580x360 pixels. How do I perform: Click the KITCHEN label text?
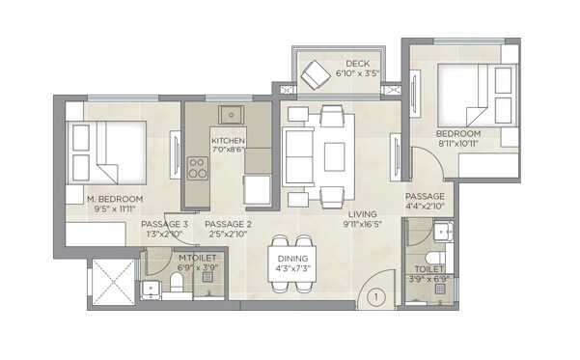pyautogui.click(x=230, y=141)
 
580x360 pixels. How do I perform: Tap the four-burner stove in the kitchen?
pyautogui.click(x=197, y=169)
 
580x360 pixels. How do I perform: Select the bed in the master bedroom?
pyautogui.click(x=106, y=152)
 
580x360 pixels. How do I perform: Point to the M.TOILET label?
pyautogui.click(x=198, y=259)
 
